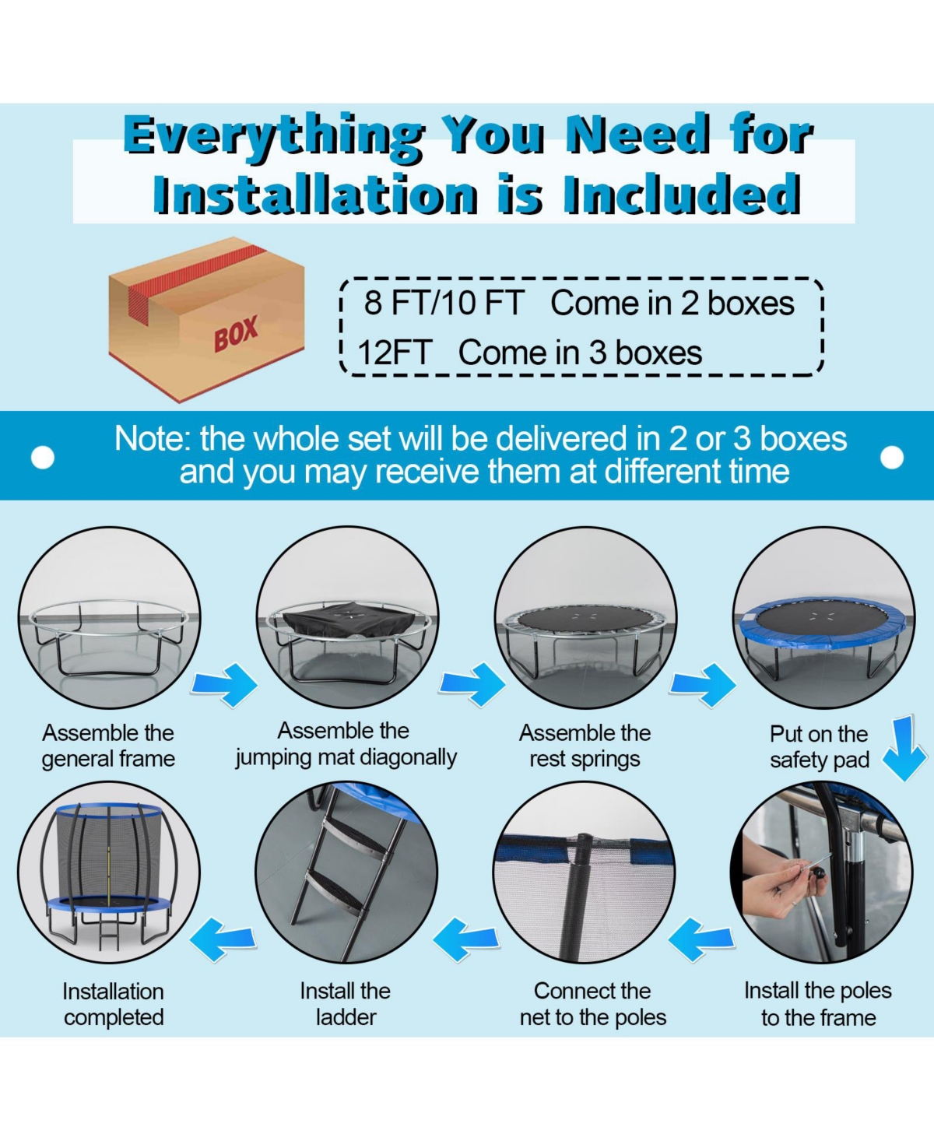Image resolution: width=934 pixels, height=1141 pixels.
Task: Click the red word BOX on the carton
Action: tap(236, 334)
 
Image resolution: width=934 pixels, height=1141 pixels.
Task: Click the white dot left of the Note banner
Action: tap(43, 457)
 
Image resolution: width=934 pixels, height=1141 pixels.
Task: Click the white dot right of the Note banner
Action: tap(892, 457)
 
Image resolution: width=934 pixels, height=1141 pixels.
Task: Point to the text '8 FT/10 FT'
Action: tap(444, 303)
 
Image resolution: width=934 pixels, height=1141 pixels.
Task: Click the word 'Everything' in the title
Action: tap(273, 135)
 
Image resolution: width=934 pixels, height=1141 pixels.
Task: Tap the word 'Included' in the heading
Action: tap(682, 194)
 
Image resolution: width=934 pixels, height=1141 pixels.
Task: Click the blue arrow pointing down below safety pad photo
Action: tap(904, 748)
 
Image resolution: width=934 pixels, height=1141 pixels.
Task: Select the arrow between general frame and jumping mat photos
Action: tap(225, 685)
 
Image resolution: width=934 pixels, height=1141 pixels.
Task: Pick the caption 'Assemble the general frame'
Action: tap(108, 746)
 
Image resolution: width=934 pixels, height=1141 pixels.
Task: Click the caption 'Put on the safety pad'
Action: tap(820, 747)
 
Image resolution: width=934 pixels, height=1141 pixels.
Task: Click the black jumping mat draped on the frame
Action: tap(347, 620)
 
